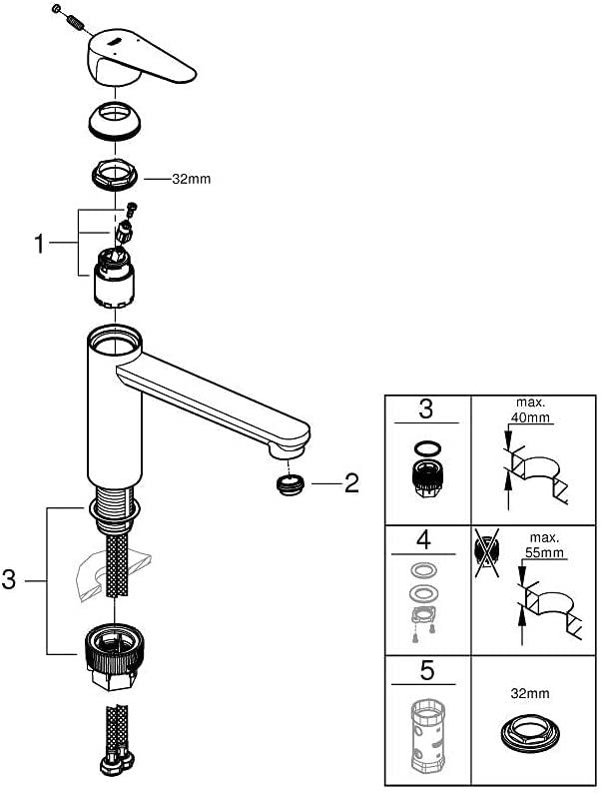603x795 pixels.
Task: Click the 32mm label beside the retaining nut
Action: point(191,179)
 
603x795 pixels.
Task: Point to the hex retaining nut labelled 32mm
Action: point(115,175)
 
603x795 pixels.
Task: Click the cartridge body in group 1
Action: point(114,278)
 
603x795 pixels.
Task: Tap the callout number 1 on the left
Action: point(39,245)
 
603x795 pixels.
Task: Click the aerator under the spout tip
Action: point(291,484)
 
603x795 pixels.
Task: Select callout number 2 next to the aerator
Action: point(351,483)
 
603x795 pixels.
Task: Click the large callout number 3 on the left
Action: point(9,579)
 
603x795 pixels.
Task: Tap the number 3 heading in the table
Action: point(426,408)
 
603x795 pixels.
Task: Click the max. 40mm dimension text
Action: point(530,410)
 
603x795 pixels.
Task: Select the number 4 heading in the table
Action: point(423,540)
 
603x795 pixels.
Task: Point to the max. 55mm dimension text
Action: point(544,545)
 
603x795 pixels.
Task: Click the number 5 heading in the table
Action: point(427,671)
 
